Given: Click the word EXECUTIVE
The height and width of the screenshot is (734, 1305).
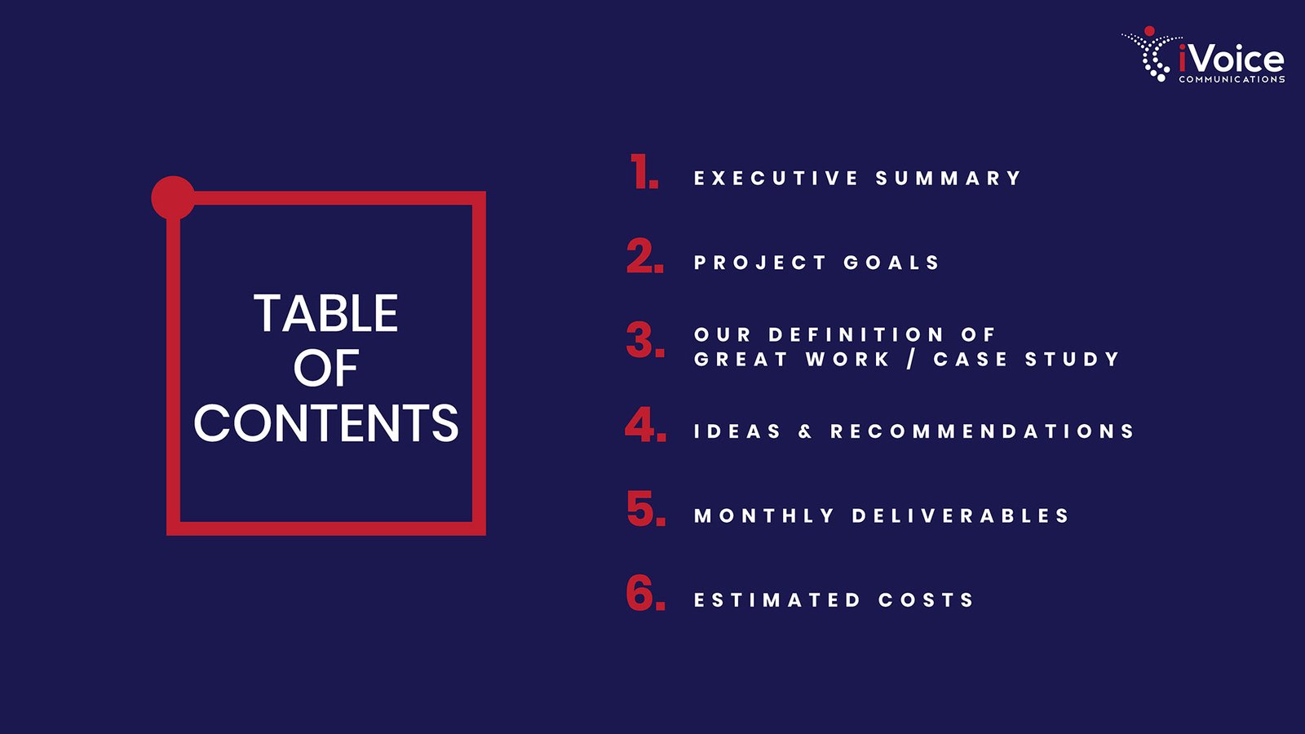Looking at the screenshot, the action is (776, 178).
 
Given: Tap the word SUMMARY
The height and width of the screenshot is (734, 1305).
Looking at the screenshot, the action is (948, 178).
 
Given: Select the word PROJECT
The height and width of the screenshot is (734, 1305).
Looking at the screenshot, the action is (759, 262).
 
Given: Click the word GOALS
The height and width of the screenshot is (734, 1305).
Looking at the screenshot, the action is (891, 262).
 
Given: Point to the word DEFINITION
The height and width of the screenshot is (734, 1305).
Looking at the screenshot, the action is (856, 334).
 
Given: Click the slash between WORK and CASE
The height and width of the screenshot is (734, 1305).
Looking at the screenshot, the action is (911, 360).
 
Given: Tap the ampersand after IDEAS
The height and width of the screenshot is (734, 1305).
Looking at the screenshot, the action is (805, 431).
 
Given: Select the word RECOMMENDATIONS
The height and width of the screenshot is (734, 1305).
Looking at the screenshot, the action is (982, 431).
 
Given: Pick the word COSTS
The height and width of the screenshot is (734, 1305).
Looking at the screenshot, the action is (926, 600).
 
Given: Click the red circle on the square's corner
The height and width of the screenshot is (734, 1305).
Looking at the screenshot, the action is (173, 197).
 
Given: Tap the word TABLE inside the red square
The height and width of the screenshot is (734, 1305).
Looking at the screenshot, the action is (326, 313).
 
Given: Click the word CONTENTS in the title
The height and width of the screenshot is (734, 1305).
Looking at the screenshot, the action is (326, 422).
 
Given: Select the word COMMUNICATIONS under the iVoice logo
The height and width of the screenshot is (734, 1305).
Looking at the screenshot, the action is (1232, 79).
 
